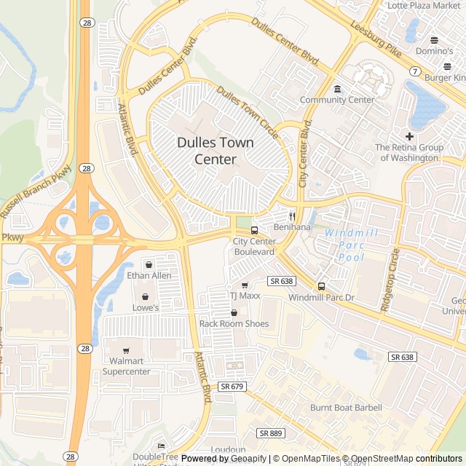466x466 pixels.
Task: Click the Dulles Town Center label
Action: [216, 151]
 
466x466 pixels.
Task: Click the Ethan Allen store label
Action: [149, 275]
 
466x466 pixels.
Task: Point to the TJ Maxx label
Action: [245, 296]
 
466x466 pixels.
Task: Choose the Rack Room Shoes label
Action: [234, 323]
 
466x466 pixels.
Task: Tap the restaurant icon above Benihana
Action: [292, 216]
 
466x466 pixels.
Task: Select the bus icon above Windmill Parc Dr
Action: [321, 286]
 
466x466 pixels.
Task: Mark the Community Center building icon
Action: [337, 89]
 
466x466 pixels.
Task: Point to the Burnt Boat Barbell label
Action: [346, 408]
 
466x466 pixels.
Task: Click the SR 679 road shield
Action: [232, 386]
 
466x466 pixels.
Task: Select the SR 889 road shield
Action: [271, 433]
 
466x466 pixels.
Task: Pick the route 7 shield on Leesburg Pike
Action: [414, 71]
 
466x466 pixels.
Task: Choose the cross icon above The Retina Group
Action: [409, 136]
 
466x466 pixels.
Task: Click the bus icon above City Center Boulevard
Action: [254, 230]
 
